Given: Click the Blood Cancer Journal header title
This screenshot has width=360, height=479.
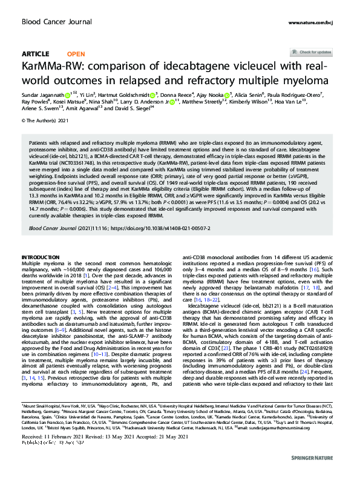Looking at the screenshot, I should point(53,22).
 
